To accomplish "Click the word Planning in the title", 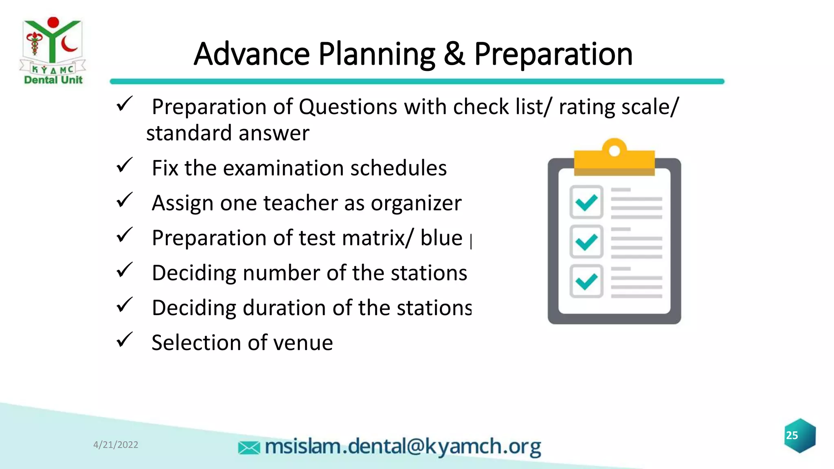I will coord(377,55).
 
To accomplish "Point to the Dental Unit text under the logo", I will coord(53,80).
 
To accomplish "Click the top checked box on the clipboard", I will coord(586,202).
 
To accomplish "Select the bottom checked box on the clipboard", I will coord(586,281).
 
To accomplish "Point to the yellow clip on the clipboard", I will coord(614,159).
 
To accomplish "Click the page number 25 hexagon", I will coord(799,436).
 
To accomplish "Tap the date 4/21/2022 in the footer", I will coord(116,445).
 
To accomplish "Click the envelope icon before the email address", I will coord(249,448).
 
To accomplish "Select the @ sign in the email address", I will coord(415,447).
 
